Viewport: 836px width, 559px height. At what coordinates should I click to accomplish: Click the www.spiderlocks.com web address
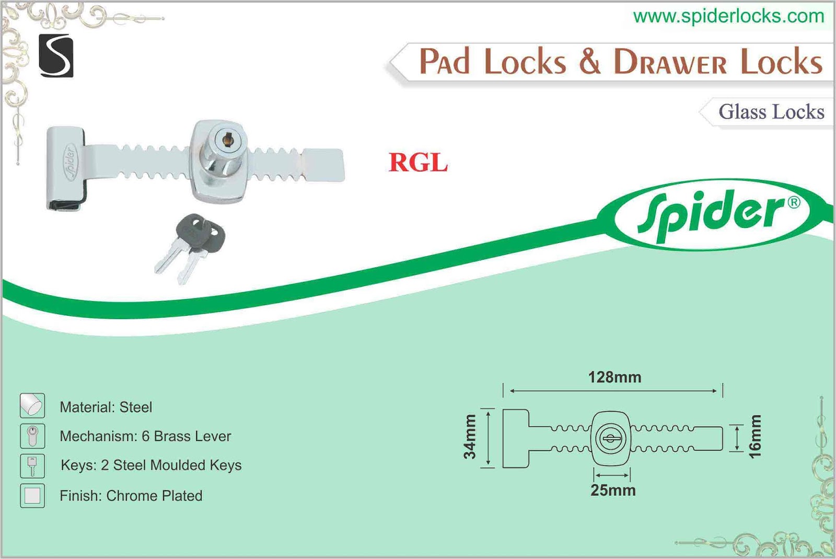728,16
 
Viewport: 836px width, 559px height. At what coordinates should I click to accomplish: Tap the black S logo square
56,56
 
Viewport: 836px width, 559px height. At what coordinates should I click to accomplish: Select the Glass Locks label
771,112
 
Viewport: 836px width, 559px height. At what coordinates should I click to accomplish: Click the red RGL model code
418,163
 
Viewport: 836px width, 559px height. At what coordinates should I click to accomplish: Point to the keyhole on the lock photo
227,139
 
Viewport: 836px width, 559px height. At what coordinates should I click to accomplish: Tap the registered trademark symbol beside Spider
794,202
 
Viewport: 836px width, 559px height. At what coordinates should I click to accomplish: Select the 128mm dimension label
614,377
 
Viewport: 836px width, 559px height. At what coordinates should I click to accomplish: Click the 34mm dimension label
470,437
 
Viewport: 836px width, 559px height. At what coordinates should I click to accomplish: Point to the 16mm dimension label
755,437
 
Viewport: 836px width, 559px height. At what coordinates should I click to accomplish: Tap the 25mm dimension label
613,490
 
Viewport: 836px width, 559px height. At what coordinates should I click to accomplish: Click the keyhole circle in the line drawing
610,438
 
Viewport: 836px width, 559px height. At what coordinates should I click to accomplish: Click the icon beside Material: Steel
32,405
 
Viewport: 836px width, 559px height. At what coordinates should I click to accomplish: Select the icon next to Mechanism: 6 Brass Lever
32,436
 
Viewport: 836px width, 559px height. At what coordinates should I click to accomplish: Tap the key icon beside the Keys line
32,465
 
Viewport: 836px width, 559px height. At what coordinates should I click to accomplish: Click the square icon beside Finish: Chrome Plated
32,495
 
